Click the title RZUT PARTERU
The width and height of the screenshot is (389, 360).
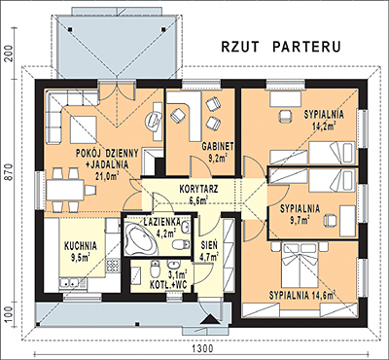click(281, 47)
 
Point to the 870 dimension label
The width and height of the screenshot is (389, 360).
click(9, 175)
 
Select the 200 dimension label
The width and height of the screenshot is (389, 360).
click(9, 53)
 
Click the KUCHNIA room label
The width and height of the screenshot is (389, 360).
click(81, 246)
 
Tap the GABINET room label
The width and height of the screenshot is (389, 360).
click(218, 147)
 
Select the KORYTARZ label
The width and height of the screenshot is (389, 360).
click(198, 189)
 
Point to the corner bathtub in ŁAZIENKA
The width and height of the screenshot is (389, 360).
click(140, 238)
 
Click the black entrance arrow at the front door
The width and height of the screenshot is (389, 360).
click(208, 320)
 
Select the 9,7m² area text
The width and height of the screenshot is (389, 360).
click(299, 220)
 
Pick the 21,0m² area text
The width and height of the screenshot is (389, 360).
click(106, 176)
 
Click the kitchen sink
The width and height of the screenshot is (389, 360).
click(69, 283)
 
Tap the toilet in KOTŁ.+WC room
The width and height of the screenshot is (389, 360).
click(154, 269)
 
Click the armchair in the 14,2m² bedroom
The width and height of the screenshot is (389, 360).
click(285, 116)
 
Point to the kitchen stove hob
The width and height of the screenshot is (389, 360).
click(114, 267)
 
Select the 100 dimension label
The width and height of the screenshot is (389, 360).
click(9, 313)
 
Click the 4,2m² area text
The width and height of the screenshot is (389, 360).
click(165, 234)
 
